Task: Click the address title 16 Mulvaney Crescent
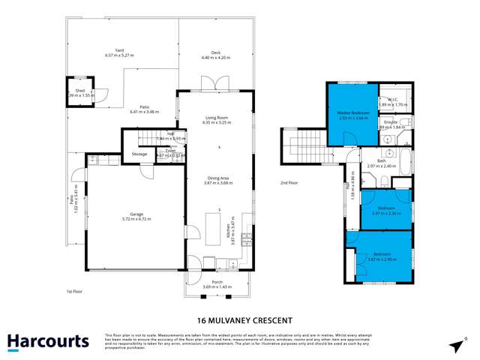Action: point(239,317)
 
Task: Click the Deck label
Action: point(215,53)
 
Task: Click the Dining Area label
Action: point(219,178)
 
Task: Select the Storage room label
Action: point(139,154)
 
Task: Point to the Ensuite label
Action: point(390,122)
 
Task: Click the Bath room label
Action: point(380,161)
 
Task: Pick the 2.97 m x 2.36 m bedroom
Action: point(385,210)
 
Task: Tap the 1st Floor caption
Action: point(73,290)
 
